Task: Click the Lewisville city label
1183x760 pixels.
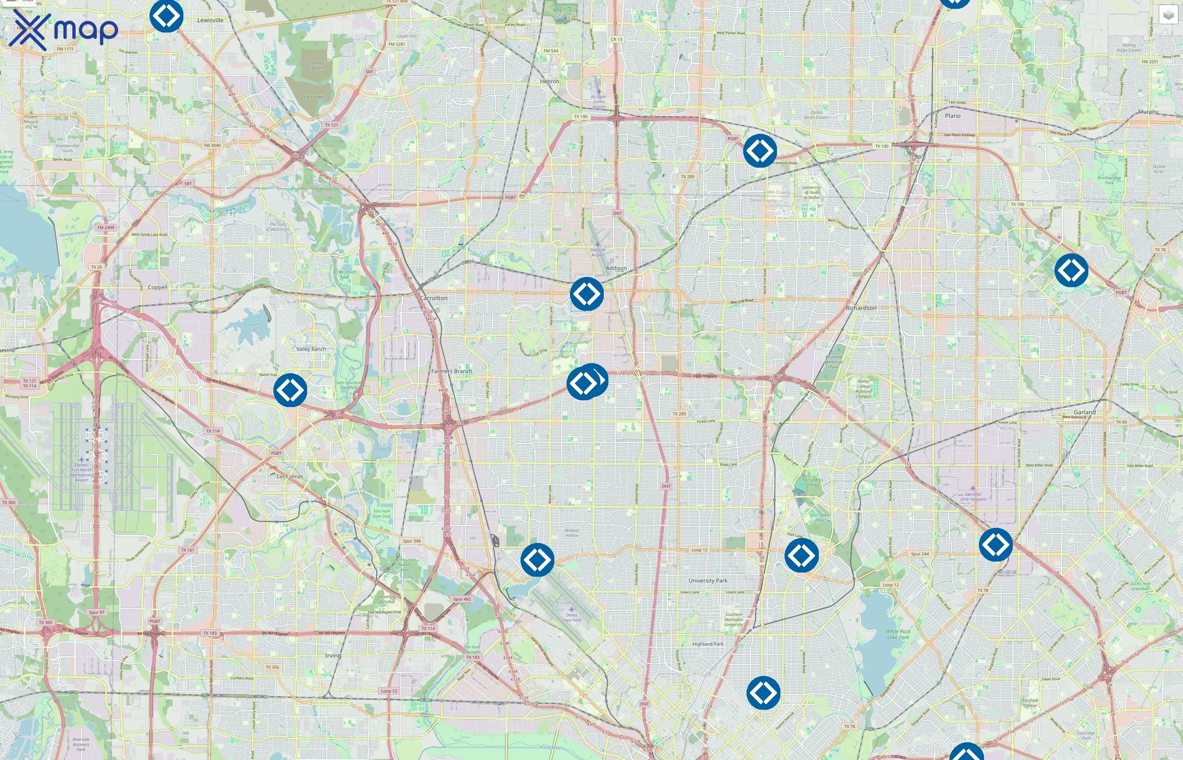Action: (210, 20)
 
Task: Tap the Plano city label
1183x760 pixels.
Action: (952, 116)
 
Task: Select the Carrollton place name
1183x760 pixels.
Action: (433, 298)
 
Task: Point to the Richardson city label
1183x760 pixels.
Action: (861, 308)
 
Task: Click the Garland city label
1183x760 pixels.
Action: (1084, 412)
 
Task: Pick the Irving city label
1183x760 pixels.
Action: (333, 655)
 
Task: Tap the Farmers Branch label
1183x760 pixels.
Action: (451, 371)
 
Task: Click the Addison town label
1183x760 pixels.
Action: (616, 268)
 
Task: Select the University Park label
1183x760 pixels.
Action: (708, 581)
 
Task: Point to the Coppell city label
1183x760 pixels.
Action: (158, 287)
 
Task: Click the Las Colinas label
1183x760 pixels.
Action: (290, 476)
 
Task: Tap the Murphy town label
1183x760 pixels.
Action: (1148, 111)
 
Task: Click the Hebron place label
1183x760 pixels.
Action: (549, 81)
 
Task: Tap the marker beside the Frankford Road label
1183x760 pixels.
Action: (759, 150)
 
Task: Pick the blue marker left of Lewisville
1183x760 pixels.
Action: (166, 16)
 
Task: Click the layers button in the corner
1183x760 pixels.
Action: (1168, 15)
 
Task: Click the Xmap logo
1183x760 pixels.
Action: (64, 30)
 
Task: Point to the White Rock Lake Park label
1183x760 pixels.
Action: (898, 634)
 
